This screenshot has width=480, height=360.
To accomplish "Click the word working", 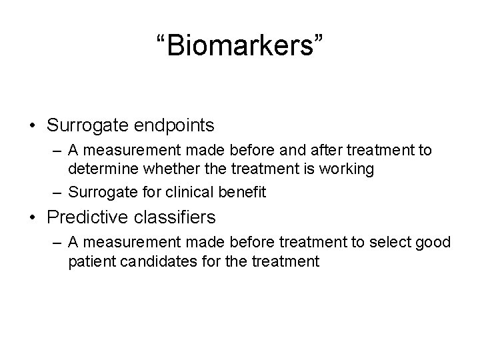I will click(x=345, y=169).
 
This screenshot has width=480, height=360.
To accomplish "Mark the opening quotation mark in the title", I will click(x=159, y=39).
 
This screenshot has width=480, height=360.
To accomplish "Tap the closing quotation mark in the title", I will click(x=321, y=39).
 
